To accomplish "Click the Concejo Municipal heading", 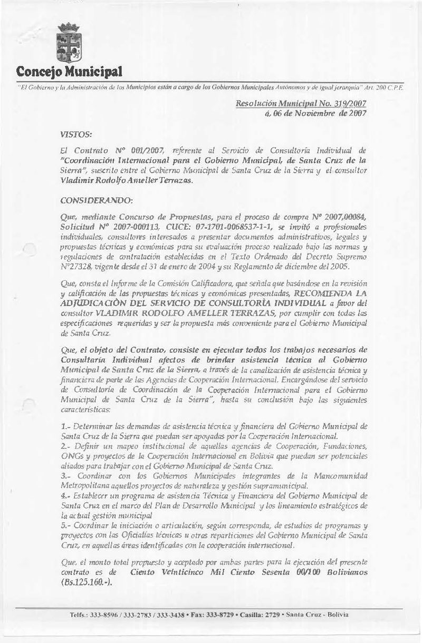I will (x=69, y=71).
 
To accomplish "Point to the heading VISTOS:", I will (x=75, y=135).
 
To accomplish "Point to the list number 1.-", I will (x=66, y=424).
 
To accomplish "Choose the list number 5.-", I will (x=66, y=525).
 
